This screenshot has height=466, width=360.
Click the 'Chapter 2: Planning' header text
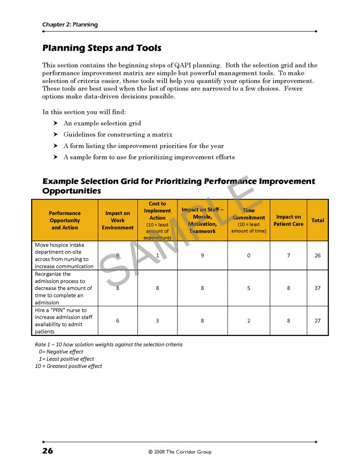[70, 25]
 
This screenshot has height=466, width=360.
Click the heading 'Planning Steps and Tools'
[102, 48]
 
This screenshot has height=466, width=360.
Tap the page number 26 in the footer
[48, 451]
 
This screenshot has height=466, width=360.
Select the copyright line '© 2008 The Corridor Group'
[180, 452]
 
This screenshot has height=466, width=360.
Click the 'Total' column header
[318, 220]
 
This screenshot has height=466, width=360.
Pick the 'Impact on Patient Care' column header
[288, 220]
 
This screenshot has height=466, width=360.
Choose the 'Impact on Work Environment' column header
[117, 220]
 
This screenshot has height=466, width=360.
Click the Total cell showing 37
[318, 288]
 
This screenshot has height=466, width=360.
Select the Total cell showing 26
[318, 255]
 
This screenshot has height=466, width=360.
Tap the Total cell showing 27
[318, 320]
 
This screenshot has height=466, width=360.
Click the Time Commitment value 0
[249, 255]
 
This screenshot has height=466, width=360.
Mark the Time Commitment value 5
[249, 288]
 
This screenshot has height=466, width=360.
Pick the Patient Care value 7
[288, 255]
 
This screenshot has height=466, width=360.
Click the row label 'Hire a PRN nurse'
[64, 320]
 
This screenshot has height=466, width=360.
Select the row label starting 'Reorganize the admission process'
[64, 288]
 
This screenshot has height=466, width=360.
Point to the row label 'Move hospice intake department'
[64, 255]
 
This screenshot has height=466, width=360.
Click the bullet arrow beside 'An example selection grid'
[56, 123]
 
